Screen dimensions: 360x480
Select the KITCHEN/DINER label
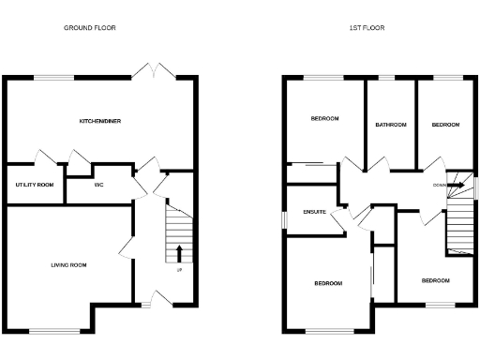coord(99,121)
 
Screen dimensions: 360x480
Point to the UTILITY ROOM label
coord(34,185)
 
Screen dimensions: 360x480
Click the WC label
coord(98,185)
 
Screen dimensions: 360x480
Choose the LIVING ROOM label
coord(68,265)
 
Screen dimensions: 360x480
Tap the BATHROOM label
coord(390,125)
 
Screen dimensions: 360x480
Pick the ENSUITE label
coord(314,212)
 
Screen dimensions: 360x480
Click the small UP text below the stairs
coord(178,271)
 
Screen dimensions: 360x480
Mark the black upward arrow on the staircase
coord(178,253)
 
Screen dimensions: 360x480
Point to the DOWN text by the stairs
coord(439,185)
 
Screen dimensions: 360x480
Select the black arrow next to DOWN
coord(456,185)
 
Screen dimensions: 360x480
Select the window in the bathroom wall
coord(386,76)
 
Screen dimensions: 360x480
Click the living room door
coord(126,247)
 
